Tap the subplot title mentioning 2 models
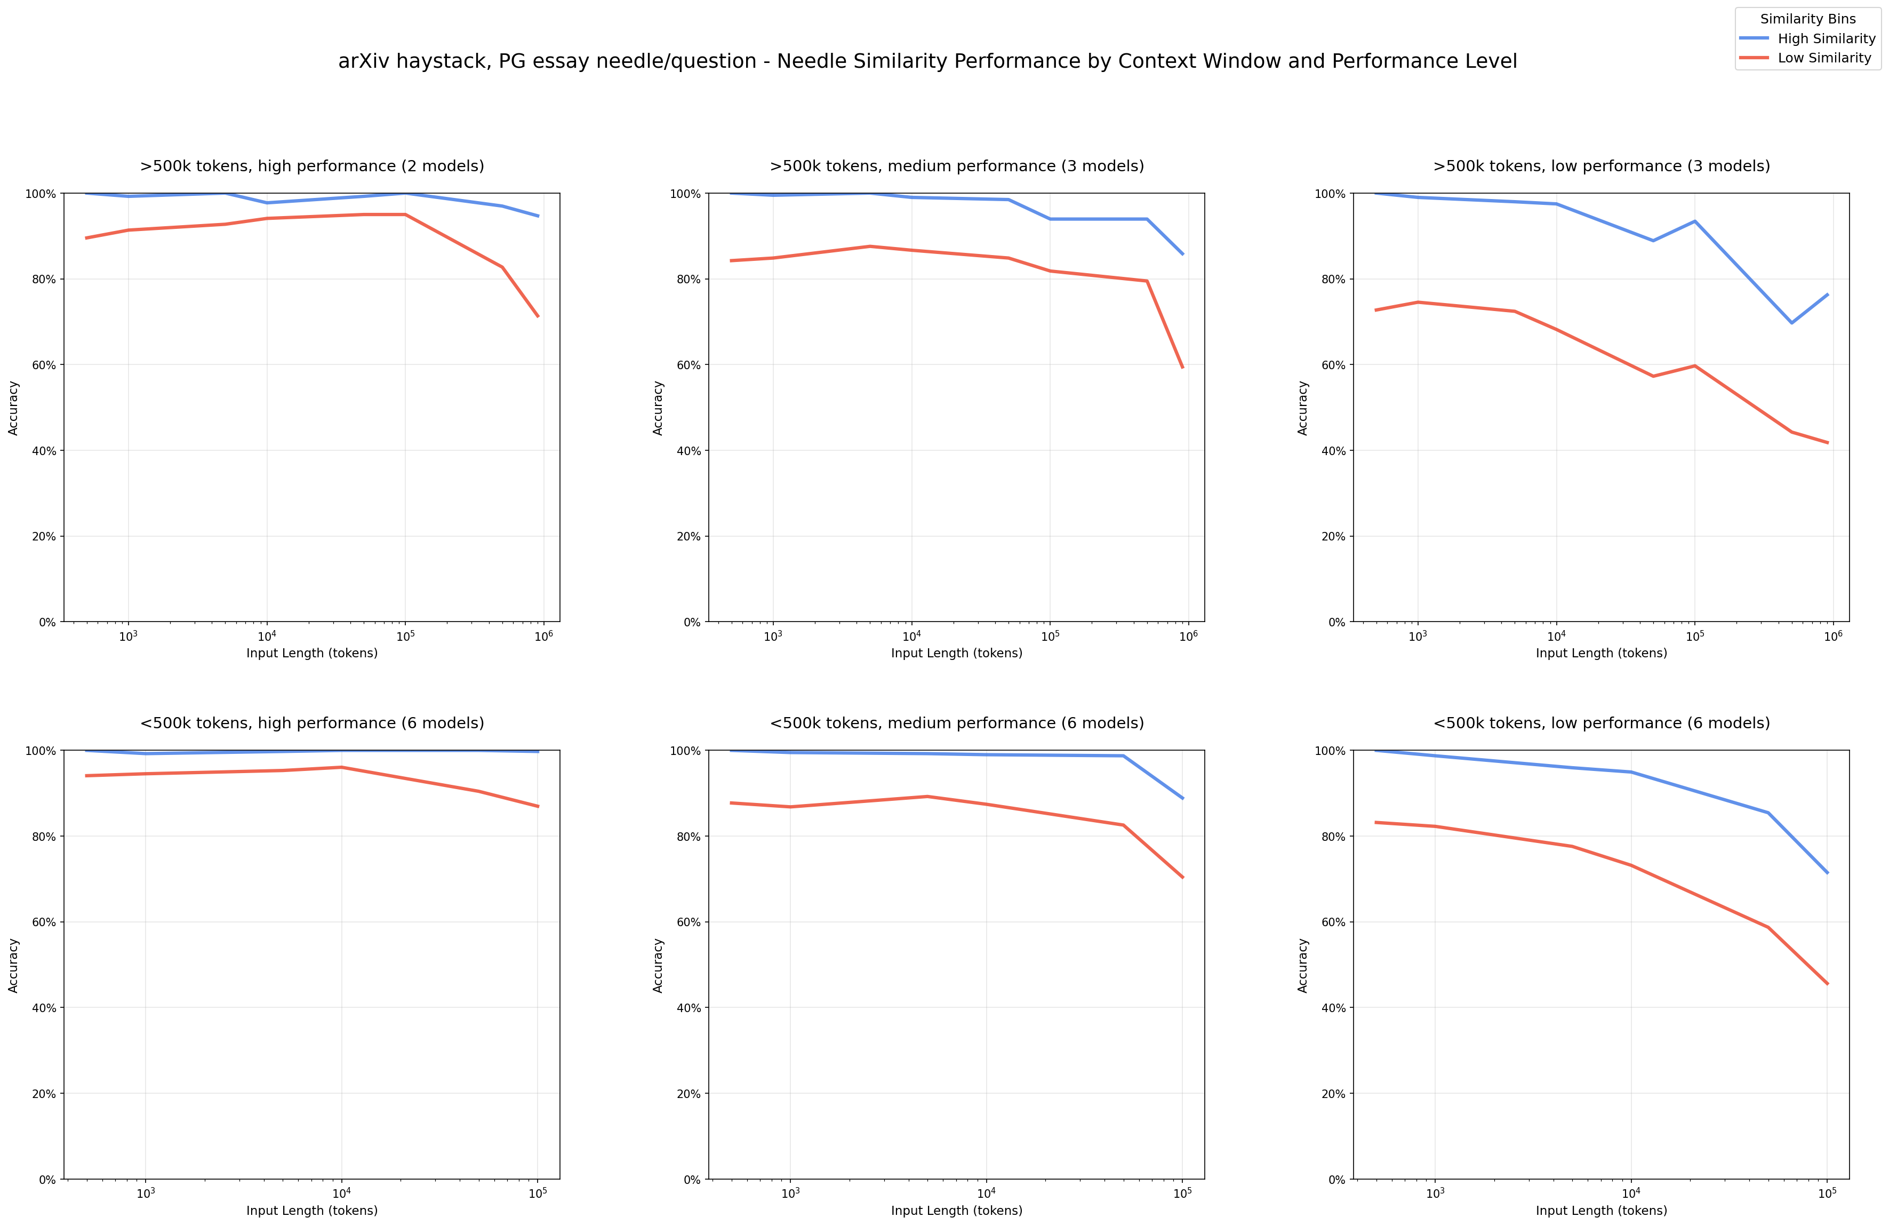click(x=312, y=166)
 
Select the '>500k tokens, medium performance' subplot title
click(x=956, y=166)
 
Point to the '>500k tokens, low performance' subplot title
click(x=1601, y=166)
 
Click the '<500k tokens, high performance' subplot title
click(x=312, y=723)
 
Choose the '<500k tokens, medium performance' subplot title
click(x=956, y=723)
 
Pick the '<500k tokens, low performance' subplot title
click(x=1601, y=723)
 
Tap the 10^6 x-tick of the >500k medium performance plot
click(x=1188, y=637)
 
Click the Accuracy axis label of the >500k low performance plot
click(x=1302, y=407)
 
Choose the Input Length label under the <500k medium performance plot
click(x=956, y=1211)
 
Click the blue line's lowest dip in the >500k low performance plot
click(x=1791, y=322)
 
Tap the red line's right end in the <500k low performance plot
click(x=1827, y=984)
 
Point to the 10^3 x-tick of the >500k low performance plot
click(x=1418, y=637)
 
